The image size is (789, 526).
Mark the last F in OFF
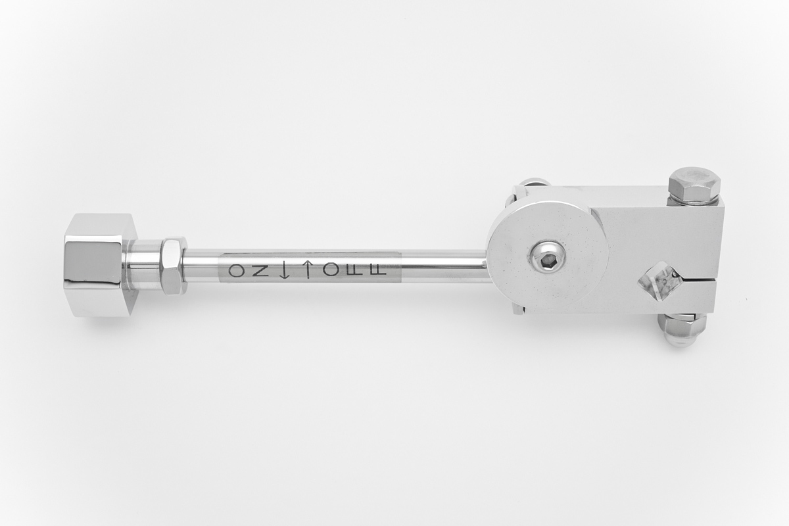378,271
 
